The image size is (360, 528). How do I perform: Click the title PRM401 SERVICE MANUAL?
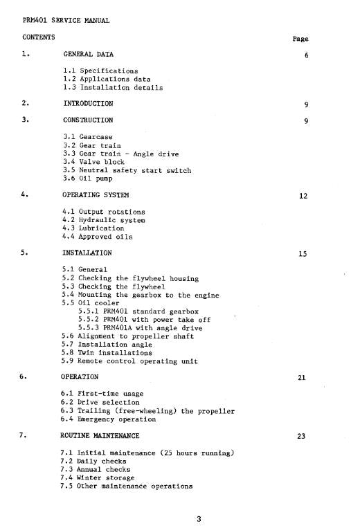(66, 20)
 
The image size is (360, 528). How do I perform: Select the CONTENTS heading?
(39, 36)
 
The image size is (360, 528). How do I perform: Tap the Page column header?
(300, 39)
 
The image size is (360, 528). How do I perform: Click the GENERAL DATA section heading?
(89, 53)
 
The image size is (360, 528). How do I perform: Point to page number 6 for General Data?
(305, 56)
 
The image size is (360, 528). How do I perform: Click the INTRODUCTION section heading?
(88, 104)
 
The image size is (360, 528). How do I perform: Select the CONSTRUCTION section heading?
(89, 120)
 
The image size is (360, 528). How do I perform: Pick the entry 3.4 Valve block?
(94, 162)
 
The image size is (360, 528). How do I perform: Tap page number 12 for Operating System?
(303, 196)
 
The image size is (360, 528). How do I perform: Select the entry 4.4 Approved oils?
(98, 237)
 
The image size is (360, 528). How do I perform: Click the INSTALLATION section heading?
(87, 253)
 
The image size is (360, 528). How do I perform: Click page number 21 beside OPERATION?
(303, 378)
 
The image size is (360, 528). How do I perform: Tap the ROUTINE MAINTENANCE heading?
(101, 436)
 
